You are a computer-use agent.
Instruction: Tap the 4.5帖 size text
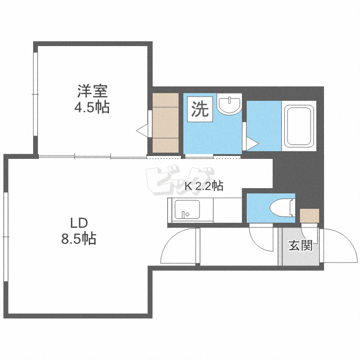point(91,108)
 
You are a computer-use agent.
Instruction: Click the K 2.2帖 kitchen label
point(204,186)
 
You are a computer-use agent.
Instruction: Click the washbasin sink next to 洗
point(229,105)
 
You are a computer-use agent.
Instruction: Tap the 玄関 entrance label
point(300,246)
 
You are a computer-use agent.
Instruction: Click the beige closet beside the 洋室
point(165,122)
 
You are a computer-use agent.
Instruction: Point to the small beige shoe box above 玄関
point(309,216)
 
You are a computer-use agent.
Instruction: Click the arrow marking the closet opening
point(142,130)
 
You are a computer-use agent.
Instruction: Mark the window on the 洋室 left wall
point(35,95)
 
